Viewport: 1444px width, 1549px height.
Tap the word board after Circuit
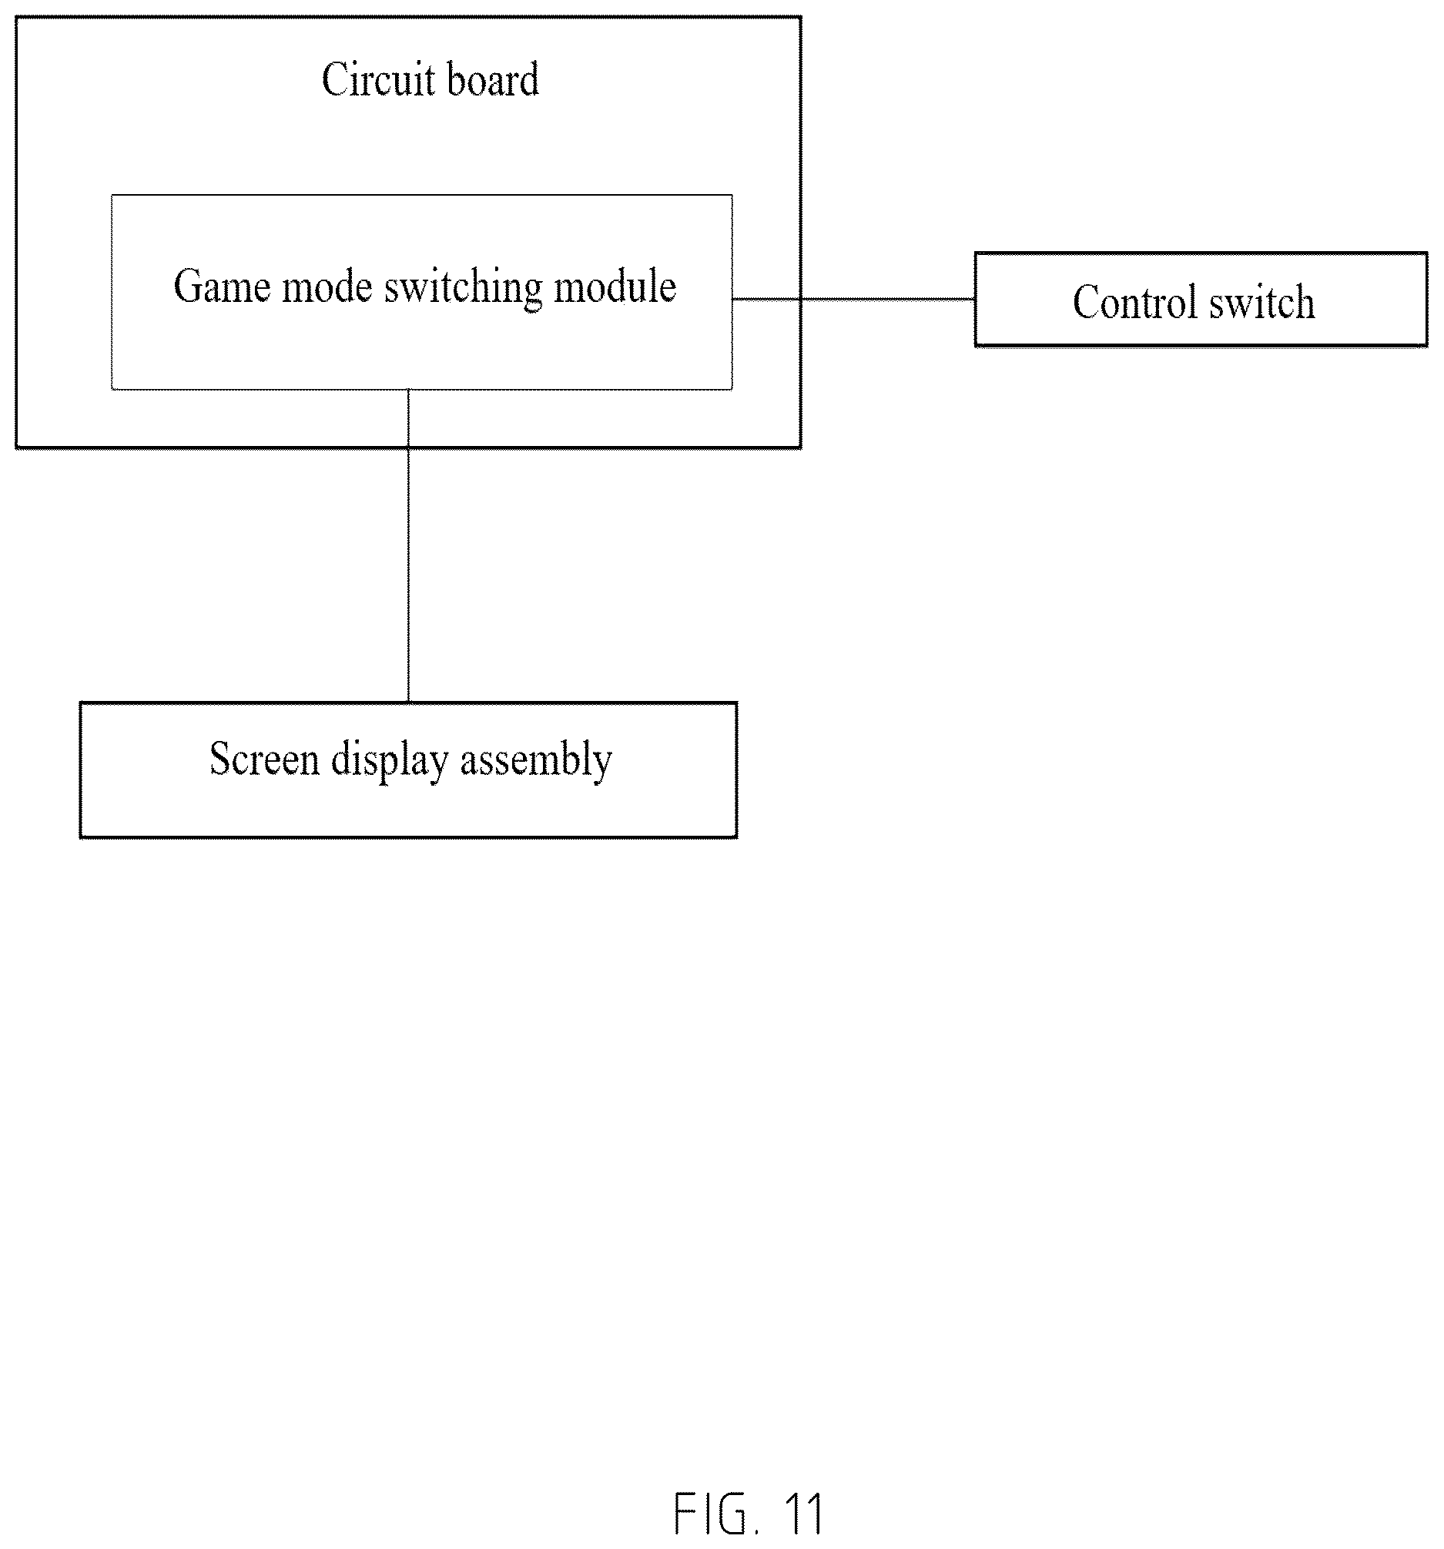(x=493, y=79)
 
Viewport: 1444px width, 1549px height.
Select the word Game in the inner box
(x=221, y=287)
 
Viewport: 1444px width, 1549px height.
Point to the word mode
(x=327, y=287)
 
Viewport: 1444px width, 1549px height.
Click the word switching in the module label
(x=463, y=288)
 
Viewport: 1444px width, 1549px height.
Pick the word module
(x=615, y=286)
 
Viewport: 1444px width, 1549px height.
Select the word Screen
(x=264, y=759)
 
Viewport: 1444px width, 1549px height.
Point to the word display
(x=390, y=760)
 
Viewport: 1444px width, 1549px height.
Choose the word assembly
(x=536, y=760)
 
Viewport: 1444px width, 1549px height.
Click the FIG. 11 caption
(x=748, y=1514)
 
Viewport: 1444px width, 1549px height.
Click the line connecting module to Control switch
(x=853, y=298)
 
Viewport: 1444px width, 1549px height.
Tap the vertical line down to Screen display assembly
(x=408, y=545)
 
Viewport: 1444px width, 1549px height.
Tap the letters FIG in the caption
(x=709, y=1514)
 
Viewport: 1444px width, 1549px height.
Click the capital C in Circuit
(x=335, y=79)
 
